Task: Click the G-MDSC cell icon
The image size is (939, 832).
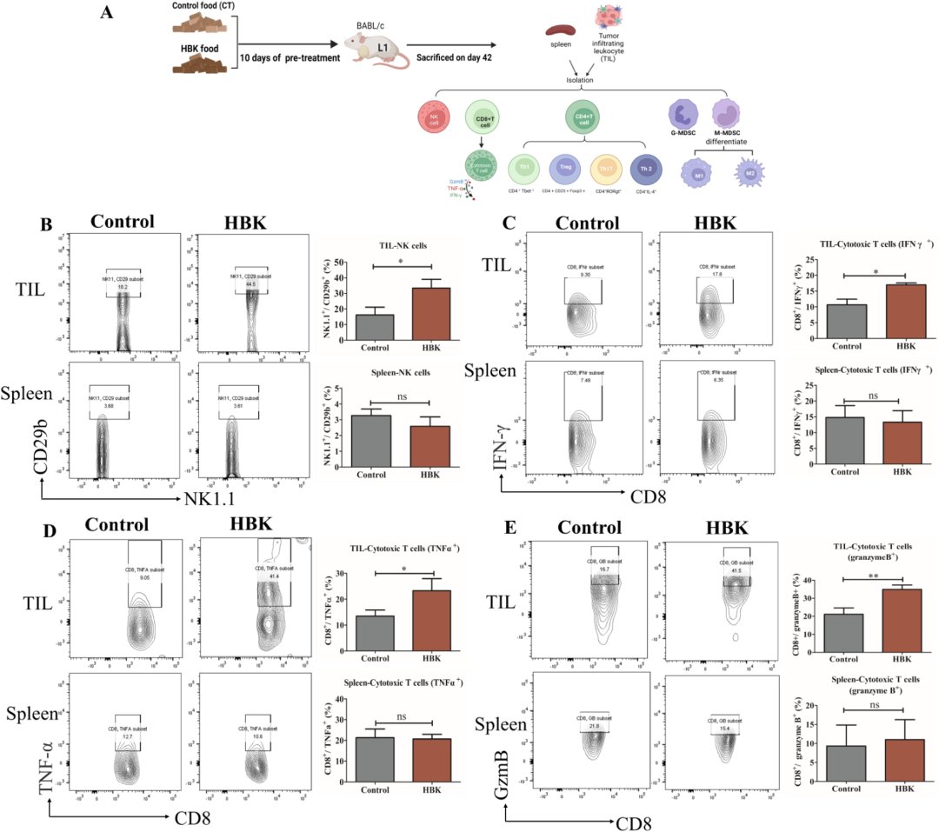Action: point(682,116)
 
